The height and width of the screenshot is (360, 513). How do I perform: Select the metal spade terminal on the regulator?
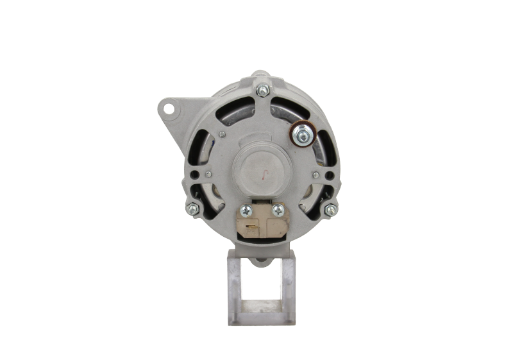tap(252, 226)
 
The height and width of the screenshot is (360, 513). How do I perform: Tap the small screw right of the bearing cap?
tap(316, 174)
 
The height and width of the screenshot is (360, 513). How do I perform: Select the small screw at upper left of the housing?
tap(222, 134)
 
